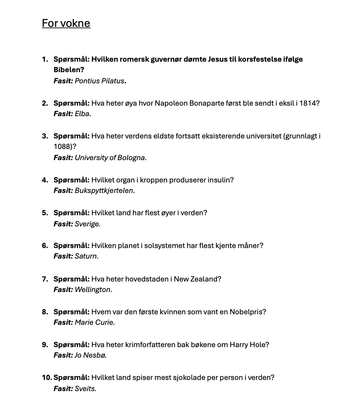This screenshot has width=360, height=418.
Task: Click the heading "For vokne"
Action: (66, 23)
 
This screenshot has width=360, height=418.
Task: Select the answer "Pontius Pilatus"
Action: (99, 81)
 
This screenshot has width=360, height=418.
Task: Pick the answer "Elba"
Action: (82, 114)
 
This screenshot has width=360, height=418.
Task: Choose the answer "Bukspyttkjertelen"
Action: (104, 190)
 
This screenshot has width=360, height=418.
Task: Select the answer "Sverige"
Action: (87, 224)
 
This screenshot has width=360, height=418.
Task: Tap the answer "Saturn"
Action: (86, 256)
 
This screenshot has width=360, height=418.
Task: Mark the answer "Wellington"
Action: (93, 289)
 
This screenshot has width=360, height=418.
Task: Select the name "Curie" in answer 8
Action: (103, 322)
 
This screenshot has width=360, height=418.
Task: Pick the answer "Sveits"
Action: (85, 388)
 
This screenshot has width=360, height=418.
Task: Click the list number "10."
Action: (47, 377)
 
